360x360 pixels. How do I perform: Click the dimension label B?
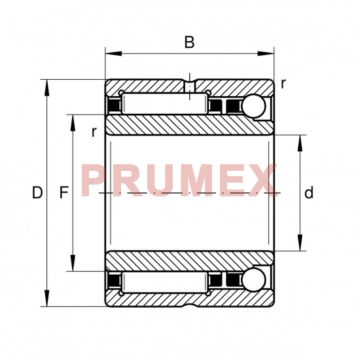click(189, 42)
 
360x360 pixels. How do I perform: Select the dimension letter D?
click(37, 192)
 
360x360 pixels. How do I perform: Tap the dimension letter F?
click(64, 192)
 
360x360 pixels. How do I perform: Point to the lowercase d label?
click(308, 192)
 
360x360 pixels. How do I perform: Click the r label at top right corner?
click(283, 84)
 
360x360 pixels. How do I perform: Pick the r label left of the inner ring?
click(94, 132)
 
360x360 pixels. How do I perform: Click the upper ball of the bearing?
click(254, 106)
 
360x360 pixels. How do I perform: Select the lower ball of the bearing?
click(254, 280)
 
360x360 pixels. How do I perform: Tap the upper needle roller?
click(165, 104)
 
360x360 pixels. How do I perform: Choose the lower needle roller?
click(165, 282)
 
